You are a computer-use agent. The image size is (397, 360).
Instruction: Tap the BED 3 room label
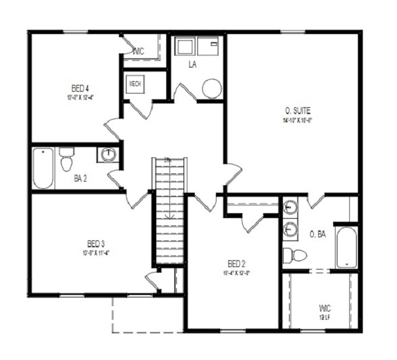coord(94,243)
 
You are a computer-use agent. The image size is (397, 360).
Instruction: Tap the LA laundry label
coord(194,64)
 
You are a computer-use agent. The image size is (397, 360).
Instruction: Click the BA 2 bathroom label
coord(81,178)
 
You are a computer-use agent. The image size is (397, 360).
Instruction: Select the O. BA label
coord(318,234)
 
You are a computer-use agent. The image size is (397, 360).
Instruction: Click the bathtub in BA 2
coord(43,168)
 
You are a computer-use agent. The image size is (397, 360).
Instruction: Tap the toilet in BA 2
coord(66,160)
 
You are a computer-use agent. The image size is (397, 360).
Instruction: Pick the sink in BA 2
coord(108,154)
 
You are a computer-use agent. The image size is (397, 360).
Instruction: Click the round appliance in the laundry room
coord(212,89)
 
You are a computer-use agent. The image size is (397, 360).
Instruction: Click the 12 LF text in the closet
coord(323,318)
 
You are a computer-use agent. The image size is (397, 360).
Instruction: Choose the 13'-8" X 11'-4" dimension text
coord(95,252)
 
